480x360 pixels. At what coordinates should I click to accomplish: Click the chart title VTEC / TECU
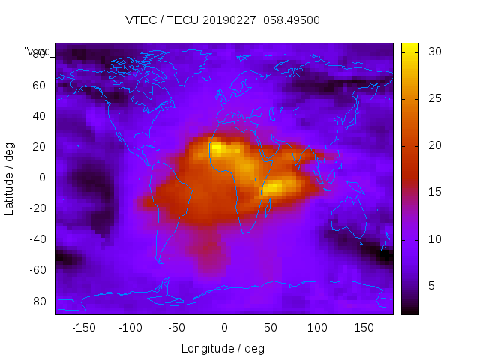click(x=223, y=20)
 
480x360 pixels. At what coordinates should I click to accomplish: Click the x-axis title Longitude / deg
click(x=223, y=349)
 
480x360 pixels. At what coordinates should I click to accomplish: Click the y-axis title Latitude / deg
click(x=10, y=178)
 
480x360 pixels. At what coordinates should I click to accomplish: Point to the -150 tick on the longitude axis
click(x=83, y=328)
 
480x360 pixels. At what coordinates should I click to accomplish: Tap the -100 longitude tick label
click(x=130, y=328)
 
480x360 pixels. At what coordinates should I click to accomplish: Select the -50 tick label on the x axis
click(x=177, y=328)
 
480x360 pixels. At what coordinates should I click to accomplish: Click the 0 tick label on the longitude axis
click(x=223, y=328)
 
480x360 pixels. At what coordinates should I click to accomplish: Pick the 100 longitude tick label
click(x=317, y=328)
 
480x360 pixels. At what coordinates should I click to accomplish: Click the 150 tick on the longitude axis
click(x=364, y=328)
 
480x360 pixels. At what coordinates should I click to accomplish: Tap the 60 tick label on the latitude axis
click(x=40, y=85)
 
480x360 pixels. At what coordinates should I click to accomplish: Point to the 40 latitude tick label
click(x=40, y=116)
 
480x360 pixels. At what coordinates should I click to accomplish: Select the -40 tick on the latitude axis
click(x=37, y=239)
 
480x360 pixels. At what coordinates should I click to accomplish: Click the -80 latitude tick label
click(x=37, y=301)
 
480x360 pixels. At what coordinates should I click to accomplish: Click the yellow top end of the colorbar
click(x=409, y=48)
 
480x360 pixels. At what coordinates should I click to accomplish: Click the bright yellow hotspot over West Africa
click(x=217, y=149)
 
